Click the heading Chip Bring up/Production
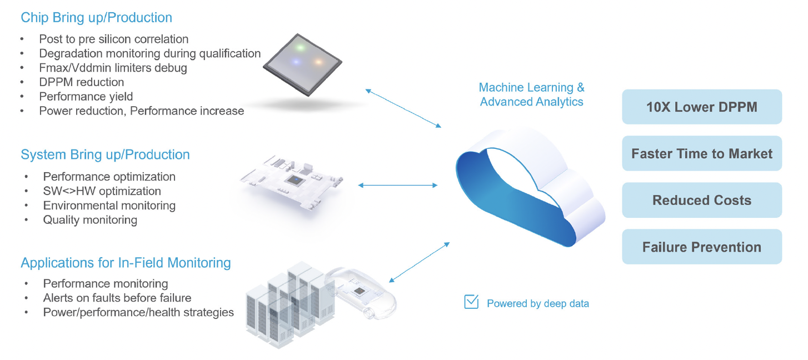click(96, 18)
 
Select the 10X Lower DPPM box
click(702, 107)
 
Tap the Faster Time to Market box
click(702, 153)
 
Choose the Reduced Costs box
click(702, 200)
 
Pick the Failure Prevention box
click(702, 247)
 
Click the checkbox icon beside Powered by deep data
click(471, 302)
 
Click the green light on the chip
click(300, 47)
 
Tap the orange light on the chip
click(318, 62)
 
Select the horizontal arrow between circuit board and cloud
click(397, 185)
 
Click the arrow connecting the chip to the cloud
click(403, 108)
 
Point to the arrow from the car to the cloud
click(420, 262)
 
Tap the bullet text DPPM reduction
click(82, 82)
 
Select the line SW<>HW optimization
click(102, 191)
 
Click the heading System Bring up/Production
click(105, 155)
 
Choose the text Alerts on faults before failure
click(117, 298)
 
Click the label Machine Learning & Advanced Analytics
click(531, 94)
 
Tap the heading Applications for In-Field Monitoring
click(126, 263)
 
